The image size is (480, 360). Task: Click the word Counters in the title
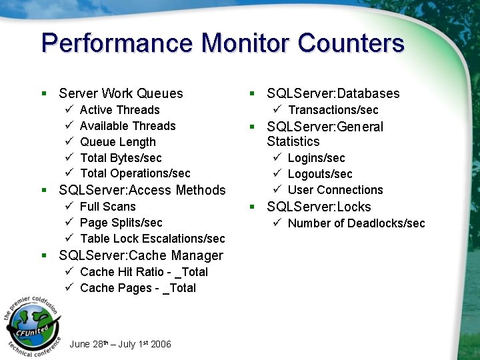click(x=351, y=43)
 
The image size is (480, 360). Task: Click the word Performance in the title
click(x=117, y=43)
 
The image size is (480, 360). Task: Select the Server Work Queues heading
click(x=121, y=94)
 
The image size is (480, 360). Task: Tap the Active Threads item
click(x=120, y=110)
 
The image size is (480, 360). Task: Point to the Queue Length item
click(x=118, y=142)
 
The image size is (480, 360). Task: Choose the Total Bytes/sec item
click(x=121, y=158)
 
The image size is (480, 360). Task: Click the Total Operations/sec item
click(x=135, y=173)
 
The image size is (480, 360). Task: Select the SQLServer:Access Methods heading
click(x=142, y=191)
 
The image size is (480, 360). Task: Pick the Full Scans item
click(x=107, y=207)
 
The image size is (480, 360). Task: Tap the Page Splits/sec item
click(x=121, y=223)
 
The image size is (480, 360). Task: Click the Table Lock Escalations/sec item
click(x=152, y=239)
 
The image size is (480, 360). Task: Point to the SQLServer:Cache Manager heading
click(x=141, y=256)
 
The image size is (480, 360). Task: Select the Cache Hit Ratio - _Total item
click(x=143, y=272)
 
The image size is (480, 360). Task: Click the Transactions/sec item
click(x=333, y=110)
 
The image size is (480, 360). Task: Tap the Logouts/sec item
click(x=320, y=174)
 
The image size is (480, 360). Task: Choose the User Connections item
click(x=335, y=190)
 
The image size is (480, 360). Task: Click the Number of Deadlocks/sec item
click(x=356, y=223)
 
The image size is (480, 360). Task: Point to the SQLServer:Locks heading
click(x=319, y=207)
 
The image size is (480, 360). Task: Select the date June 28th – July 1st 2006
click(x=120, y=344)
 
